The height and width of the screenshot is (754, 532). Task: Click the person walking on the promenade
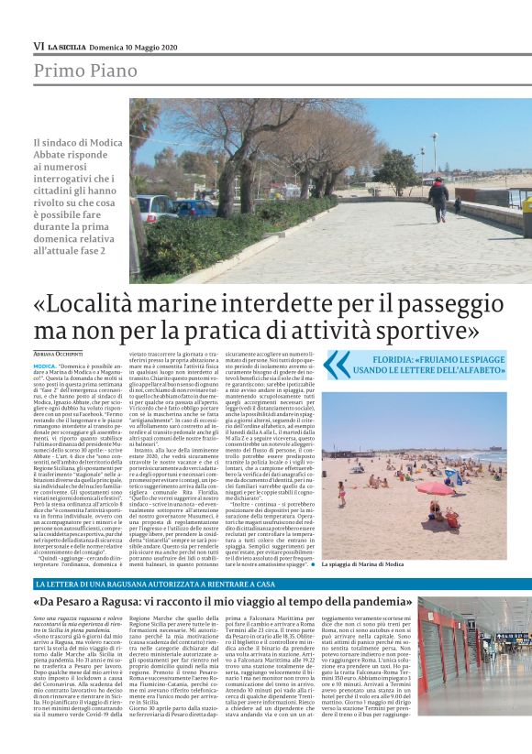pos(438,197)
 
